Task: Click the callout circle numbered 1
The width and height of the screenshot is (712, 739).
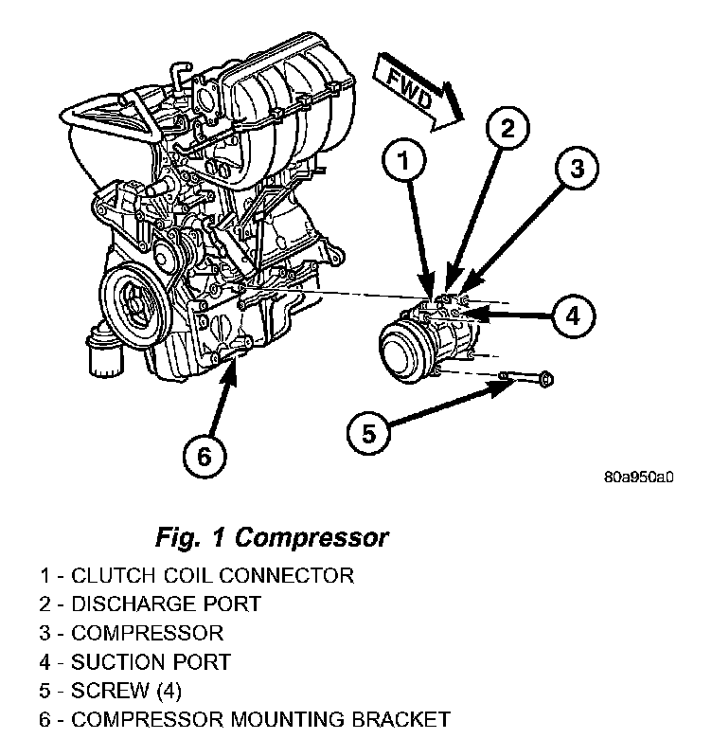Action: click(x=404, y=164)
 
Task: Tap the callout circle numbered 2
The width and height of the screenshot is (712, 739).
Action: click(x=508, y=130)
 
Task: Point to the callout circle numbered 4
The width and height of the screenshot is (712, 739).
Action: click(x=571, y=315)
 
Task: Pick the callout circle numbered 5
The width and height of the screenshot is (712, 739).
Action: click(x=369, y=434)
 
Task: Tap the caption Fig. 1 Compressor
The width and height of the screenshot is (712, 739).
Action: click(x=271, y=537)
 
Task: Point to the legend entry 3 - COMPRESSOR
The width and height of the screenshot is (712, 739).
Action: click(x=132, y=633)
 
